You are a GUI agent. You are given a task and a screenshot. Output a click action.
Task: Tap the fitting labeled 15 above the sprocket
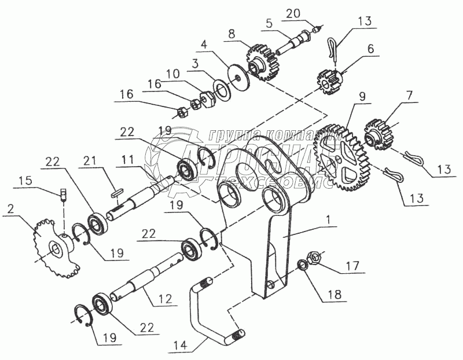click(x=63, y=192)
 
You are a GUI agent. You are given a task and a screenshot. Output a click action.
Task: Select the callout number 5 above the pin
click(x=269, y=24)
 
